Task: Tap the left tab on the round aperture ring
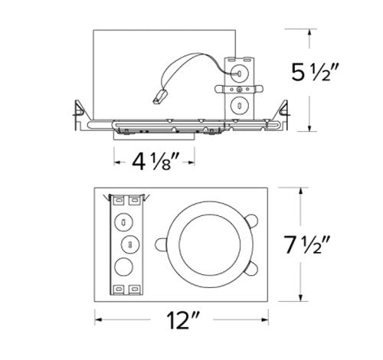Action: point(162,244)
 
